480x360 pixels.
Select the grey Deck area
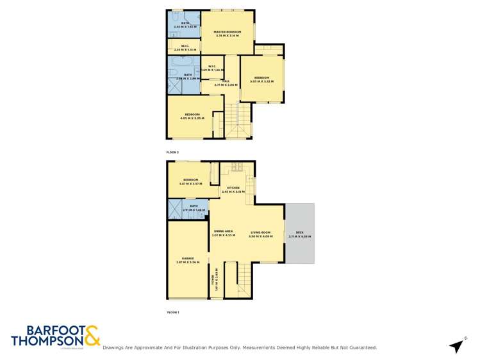click(299, 234)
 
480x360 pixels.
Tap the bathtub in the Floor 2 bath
click(181, 63)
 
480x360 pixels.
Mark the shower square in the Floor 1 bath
click(174, 209)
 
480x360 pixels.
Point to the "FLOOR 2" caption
click(172, 152)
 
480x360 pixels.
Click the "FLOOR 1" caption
click(172, 312)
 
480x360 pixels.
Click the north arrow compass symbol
click(456, 346)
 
